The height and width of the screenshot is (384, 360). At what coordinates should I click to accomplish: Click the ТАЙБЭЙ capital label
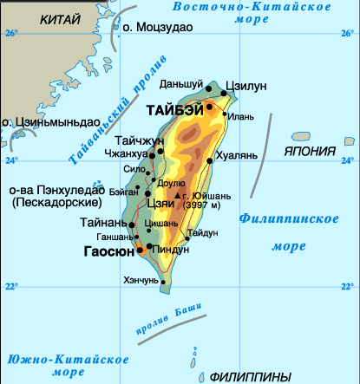(x=175, y=110)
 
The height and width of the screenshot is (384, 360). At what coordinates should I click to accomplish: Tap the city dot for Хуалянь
(x=212, y=160)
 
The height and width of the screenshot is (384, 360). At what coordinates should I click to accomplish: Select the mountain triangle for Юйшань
(x=177, y=197)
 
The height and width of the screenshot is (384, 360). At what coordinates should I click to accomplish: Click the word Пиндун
(x=171, y=250)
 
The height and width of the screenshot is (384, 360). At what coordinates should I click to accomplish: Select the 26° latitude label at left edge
(x=10, y=34)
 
